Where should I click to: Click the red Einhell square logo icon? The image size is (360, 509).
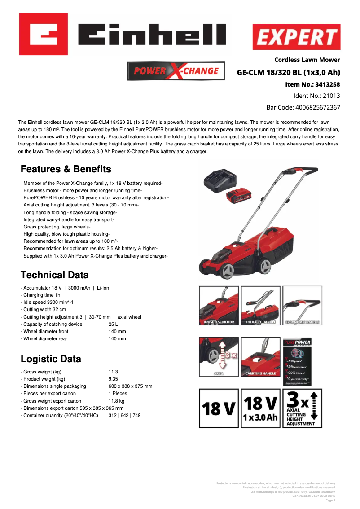[x=44, y=34]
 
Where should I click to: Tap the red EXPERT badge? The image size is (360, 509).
[x=296, y=37]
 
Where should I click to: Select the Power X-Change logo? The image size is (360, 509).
[x=176, y=71]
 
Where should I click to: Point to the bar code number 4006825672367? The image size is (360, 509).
[x=317, y=108]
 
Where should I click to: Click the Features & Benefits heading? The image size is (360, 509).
[x=66, y=169]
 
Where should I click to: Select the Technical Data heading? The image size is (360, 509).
[x=55, y=275]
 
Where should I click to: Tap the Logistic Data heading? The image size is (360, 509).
[x=51, y=359]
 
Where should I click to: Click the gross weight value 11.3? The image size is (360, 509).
[x=113, y=372]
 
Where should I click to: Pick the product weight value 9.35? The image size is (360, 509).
[x=114, y=379]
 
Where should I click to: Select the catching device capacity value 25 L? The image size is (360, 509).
[x=113, y=324]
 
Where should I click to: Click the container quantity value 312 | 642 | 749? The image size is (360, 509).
[x=124, y=416]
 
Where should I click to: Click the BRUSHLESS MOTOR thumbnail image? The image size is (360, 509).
[x=219, y=306]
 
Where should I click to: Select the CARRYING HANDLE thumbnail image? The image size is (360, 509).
[x=261, y=357]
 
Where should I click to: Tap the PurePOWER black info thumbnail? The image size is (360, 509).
[x=297, y=361]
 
